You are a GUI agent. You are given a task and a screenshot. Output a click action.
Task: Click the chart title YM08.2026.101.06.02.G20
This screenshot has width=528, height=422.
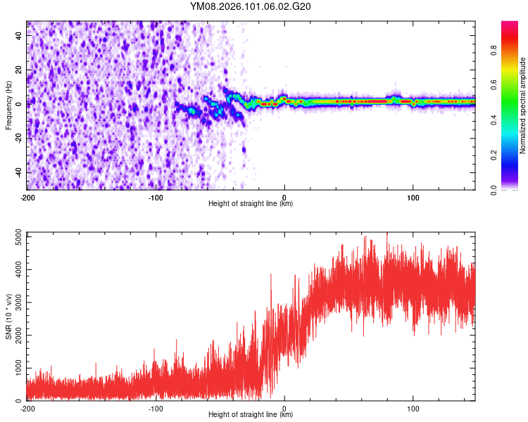251,6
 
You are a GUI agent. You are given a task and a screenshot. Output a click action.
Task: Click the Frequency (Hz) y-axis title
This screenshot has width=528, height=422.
9,105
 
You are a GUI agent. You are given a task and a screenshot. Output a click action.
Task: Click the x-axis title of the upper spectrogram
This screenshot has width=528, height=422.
251,204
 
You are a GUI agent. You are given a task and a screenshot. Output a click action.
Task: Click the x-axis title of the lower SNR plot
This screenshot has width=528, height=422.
251,415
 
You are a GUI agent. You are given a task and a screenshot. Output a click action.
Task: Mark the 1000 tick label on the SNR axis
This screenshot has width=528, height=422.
14,368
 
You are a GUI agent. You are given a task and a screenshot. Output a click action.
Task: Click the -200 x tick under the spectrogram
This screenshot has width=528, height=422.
27,197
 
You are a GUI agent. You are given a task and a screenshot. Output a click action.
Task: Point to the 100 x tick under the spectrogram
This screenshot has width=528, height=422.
413,197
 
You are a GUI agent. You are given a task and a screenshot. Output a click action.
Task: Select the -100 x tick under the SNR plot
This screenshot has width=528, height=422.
156,408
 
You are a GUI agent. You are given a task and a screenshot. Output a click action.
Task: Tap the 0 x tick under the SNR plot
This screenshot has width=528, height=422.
284,408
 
